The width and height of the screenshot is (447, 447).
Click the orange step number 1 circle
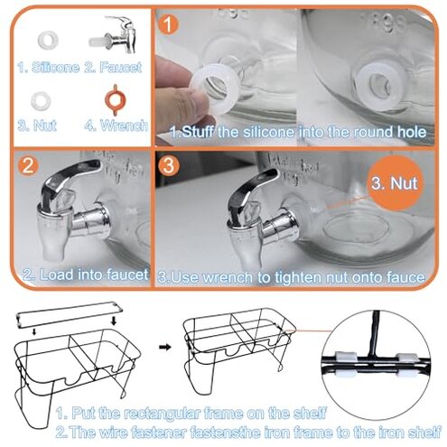tap(169, 24)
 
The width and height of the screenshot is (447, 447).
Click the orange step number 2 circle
tap(28, 165)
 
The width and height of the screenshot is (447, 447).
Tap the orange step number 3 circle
tap(169, 165)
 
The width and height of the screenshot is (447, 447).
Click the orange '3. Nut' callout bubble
tap(395, 183)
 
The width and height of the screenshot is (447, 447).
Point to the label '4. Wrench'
tap(116, 126)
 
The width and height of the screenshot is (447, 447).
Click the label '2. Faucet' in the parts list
tap(113, 67)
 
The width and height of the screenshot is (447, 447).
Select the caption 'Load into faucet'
tap(94, 275)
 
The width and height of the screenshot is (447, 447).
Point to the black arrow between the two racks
tap(165, 347)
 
